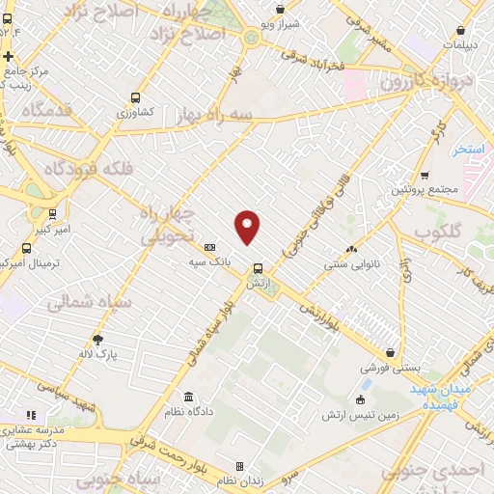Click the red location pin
point(248,226)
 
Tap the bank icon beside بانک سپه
point(210,248)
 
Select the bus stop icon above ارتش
point(258,268)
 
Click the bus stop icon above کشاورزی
point(135,97)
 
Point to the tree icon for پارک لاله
point(97,339)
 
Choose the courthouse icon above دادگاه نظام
point(187,398)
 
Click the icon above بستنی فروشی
point(390,353)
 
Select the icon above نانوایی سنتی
point(351,248)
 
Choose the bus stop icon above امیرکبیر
point(52,214)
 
